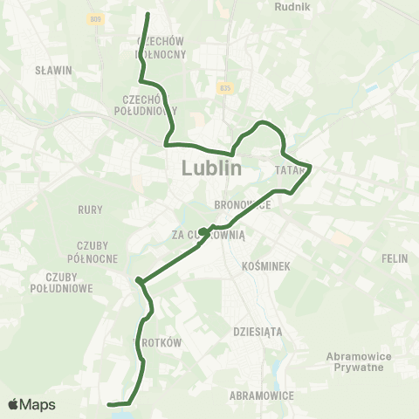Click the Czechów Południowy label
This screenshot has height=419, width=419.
pos(146,105)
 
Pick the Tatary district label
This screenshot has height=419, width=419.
pos(289,168)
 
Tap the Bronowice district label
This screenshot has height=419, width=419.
pos(243,203)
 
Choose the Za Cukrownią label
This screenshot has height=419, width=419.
pos(210,234)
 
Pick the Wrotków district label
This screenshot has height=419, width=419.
pos(157,343)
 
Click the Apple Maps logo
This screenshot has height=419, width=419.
pos(31,404)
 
